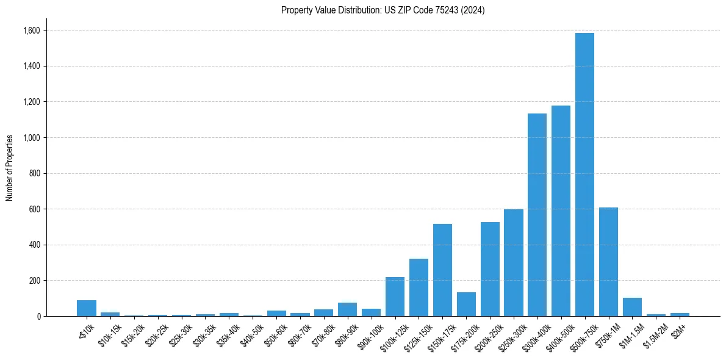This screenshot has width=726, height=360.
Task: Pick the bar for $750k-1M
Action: (x=608, y=262)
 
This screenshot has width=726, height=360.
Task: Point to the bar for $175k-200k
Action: (x=466, y=304)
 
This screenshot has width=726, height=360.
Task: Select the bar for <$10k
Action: (x=87, y=308)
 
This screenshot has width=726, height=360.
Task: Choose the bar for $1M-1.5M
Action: (x=632, y=307)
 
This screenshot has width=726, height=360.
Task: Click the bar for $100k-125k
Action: (x=395, y=297)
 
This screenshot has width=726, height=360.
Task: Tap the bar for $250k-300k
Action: (x=513, y=262)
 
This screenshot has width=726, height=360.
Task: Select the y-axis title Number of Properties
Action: (x=10, y=167)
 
